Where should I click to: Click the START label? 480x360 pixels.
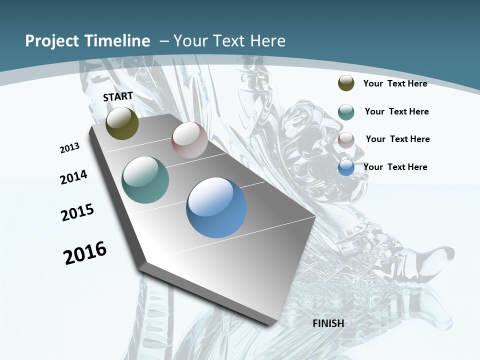[118, 96]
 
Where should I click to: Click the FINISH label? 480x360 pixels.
[328, 323]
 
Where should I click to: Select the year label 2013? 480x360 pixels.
[69, 148]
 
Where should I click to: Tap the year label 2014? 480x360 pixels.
[73, 177]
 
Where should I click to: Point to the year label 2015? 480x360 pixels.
[77, 212]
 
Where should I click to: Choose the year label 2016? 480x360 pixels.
[85, 252]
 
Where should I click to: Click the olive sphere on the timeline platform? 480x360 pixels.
[122, 123]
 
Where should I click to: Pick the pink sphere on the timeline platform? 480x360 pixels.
[189, 140]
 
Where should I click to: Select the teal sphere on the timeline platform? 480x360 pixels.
[145, 180]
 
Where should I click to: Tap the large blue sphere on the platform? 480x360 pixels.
[216, 207]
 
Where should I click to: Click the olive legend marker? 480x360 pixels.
[346, 83]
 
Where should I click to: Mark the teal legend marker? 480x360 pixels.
[346, 111]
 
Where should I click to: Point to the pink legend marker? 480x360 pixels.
[346, 139]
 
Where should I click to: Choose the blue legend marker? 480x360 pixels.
[346, 167]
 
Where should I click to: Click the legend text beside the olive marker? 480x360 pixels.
[395, 83]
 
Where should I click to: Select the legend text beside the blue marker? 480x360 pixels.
[395, 167]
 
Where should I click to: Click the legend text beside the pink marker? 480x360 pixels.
[397, 139]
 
